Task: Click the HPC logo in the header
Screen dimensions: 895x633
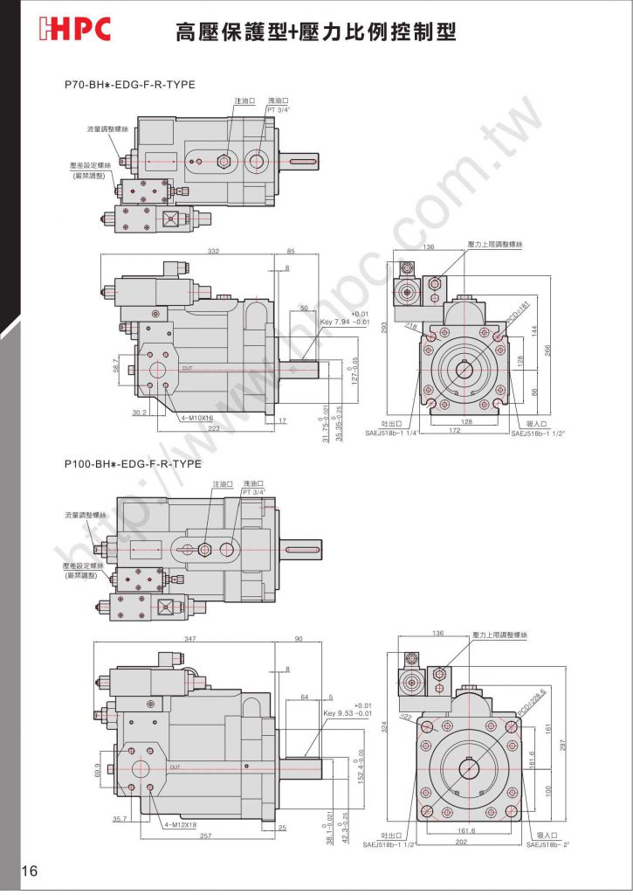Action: click(x=76, y=31)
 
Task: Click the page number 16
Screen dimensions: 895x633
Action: click(x=31, y=871)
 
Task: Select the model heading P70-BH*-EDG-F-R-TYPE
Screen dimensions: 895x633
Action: click(x=129, y=85)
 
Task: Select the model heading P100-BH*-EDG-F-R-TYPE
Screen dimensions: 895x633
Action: click(x=133, y=463)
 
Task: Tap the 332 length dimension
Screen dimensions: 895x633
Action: click(x=212, y=252)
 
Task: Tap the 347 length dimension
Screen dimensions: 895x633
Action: click(x=190, y=640)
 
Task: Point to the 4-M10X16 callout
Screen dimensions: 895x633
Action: click(x=197, y=419)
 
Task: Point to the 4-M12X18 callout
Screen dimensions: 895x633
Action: click(x=181, y=824)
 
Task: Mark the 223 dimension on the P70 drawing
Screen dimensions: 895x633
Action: click(x=214, y=429)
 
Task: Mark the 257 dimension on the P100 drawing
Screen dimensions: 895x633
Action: click(x=206, y=836)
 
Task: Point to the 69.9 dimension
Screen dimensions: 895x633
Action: click(x=97, y=769)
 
